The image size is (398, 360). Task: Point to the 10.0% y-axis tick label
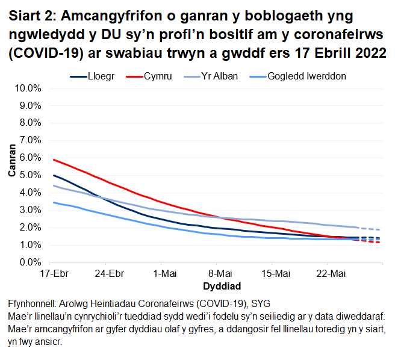[28, 88]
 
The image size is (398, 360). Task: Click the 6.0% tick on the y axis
[30, 158]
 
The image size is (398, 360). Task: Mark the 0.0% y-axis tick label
[30, 262]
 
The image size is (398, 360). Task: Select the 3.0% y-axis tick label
[30, 210]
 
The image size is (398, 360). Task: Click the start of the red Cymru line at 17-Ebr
[54, 160]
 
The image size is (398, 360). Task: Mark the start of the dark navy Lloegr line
[54, 175]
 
